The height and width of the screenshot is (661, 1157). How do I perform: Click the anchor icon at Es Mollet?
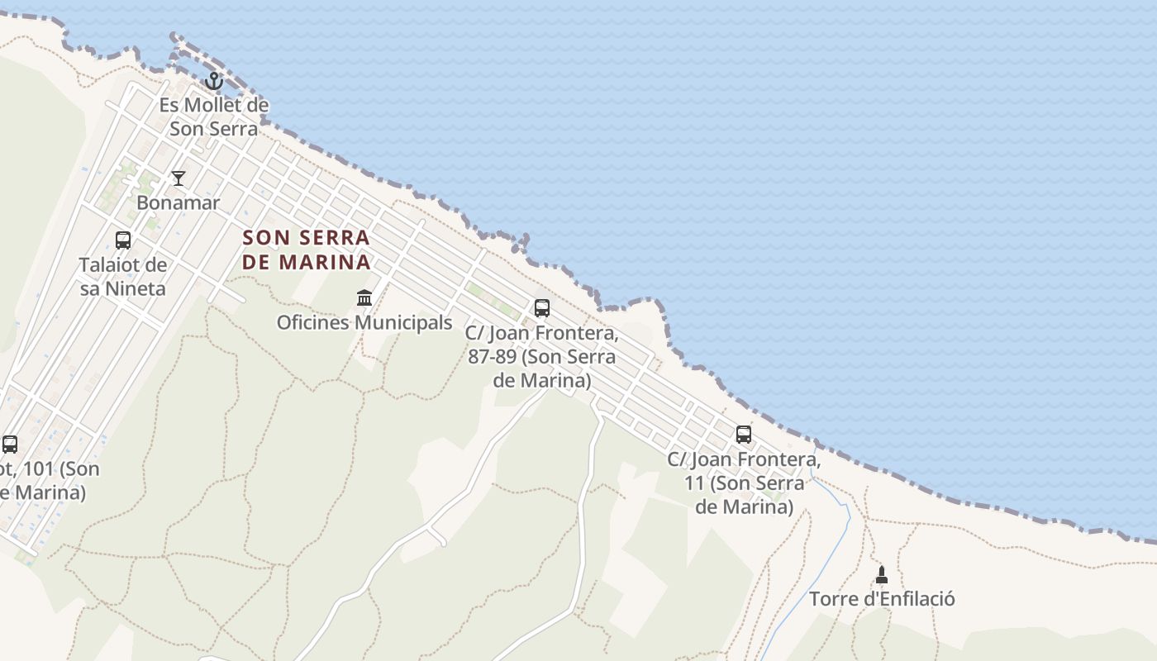214,81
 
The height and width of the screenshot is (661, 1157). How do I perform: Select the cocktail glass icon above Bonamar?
179,178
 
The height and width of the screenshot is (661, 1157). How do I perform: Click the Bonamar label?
179,203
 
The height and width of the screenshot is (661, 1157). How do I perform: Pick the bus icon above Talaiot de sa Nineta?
123,240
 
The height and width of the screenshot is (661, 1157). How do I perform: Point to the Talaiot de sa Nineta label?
123,277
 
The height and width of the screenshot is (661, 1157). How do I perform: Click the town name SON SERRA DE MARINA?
307,250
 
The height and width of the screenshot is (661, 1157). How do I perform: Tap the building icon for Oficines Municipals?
364,297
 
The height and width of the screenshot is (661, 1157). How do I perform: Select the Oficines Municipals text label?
364,322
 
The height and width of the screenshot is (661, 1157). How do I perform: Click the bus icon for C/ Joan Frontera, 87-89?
542,308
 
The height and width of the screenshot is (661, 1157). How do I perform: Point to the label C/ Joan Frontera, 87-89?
542,357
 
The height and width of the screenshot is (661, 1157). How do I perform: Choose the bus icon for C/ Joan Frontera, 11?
744,435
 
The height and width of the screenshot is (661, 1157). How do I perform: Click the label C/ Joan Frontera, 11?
744,483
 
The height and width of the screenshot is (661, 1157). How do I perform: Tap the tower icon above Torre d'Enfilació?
882,574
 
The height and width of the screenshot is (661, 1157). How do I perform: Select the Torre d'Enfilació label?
882,599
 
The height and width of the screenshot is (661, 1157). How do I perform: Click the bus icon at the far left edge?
10,445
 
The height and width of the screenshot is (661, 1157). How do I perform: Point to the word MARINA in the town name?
325,263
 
